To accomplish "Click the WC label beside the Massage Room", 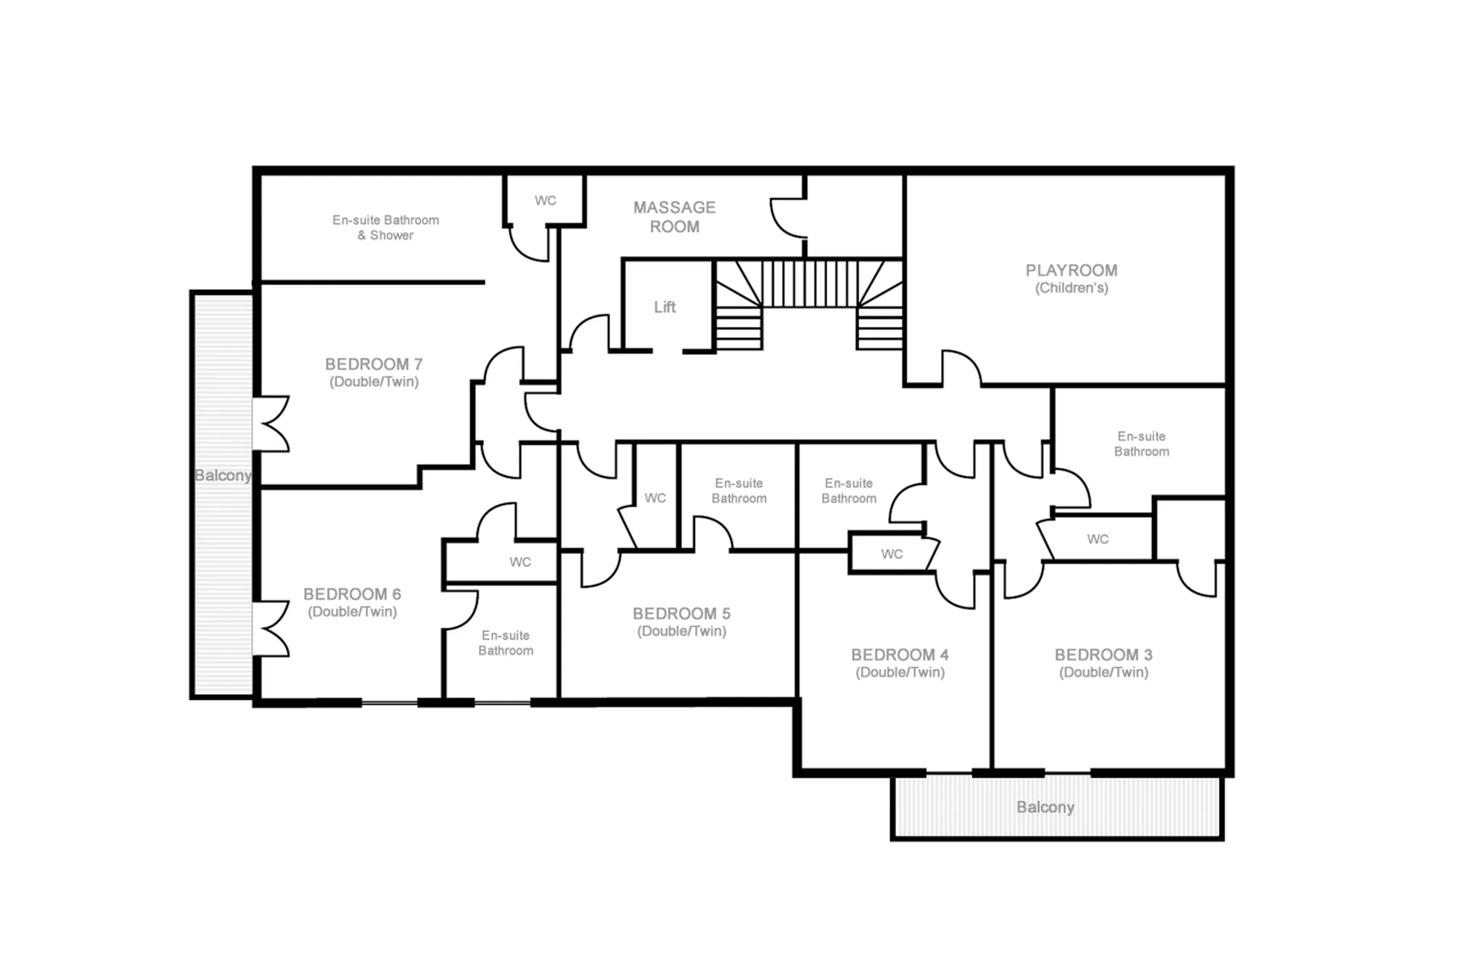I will (x=545, y=201).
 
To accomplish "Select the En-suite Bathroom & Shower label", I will (x=385, y=227).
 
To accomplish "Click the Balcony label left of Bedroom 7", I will (x=222, y=476).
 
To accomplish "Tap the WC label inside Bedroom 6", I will (x=520, y=562).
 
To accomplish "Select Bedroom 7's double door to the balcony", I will (x=271, y=423).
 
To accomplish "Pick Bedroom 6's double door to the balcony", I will (x=271, y=628).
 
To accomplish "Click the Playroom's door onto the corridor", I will (x=961, y=368).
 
